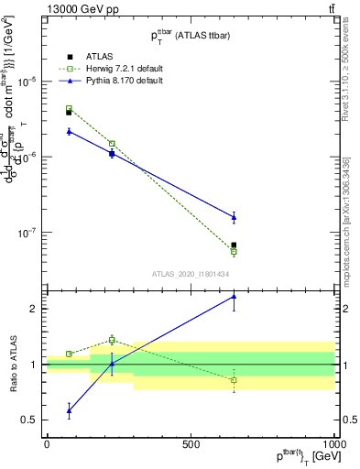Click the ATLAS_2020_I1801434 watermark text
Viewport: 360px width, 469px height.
[x=190, y=274]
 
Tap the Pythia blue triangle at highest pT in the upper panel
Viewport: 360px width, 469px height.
[x=234, y=217]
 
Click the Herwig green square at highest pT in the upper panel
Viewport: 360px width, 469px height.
[x=234, y=251]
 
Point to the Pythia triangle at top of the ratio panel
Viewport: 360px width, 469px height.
[x=234, y=296]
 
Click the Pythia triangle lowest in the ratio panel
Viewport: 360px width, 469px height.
[x=69, y=410]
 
